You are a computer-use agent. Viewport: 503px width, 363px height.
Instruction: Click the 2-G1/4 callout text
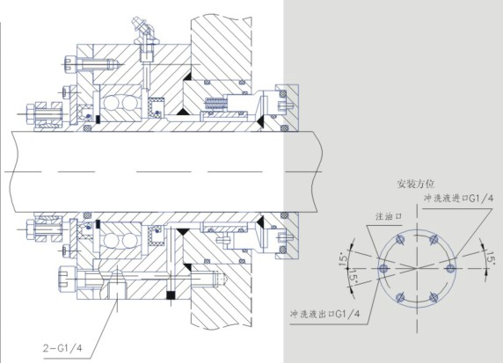pyautogui.click(x=62, y=348)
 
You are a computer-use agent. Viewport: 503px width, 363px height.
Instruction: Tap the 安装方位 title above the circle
pyautogui.click(x=415, y=184)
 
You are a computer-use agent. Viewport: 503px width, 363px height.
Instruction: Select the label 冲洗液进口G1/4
pyautogui.click(x=459, y=199)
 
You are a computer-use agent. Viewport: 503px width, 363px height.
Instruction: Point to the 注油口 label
pyautogui.click(x=389, y=216)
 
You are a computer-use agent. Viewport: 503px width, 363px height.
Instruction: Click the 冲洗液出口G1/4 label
pyautogui.click(x=324, y=314)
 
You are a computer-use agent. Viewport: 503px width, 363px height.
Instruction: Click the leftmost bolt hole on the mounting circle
pyautogui.click(x=383, y=268)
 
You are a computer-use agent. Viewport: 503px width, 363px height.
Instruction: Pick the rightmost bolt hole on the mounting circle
pyautogui.click(x=450, y=268)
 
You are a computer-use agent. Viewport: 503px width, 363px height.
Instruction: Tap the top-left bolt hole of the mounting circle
pyautogui.click(x=400, y=239)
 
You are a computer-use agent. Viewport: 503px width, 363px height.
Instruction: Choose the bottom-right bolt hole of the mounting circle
pyautogui.click(x=434, y=297)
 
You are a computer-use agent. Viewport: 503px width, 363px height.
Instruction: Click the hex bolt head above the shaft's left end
pyautogui.click(x=30, y=114)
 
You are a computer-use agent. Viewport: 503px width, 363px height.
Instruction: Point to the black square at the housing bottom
pyautogui.click(x=171, y=294)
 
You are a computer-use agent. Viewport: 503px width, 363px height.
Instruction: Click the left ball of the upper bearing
pyautogui.click(x=112, y=103)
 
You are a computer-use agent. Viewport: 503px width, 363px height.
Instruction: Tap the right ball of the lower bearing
pyautogui.click(x=129, y=241)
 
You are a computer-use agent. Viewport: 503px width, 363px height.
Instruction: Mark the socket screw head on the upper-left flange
pyautogui.click(x=70, y=64)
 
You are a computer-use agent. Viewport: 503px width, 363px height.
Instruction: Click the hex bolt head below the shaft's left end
pyautogui.click(x=30, y=229)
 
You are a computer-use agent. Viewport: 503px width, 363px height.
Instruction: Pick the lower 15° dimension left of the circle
pyautogui.click(x=353, y=275)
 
